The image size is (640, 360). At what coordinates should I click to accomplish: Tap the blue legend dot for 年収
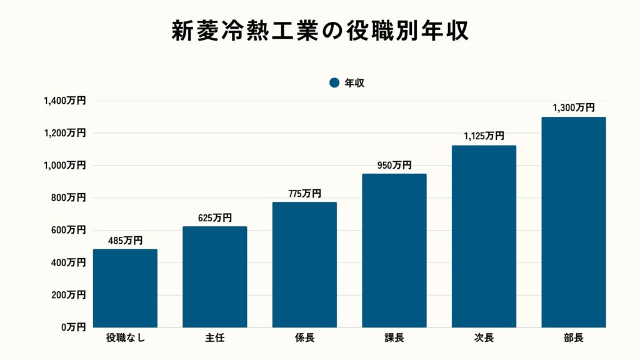point(334,82)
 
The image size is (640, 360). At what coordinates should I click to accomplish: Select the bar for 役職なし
point(125,288)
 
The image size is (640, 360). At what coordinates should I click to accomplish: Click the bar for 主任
point(214,277)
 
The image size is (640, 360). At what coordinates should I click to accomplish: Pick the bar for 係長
point(304,264)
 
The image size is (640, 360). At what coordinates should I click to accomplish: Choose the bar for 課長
point(394,251)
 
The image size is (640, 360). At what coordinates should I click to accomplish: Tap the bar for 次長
point(484,236)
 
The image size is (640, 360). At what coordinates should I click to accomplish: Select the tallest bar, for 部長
point(573,222)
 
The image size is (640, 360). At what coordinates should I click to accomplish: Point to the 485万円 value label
point(125,240)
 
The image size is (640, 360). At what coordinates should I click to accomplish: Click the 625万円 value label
point(214,217)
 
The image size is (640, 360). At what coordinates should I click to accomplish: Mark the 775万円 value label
point(304,193)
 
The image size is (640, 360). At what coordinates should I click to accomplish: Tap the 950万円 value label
point(394,165)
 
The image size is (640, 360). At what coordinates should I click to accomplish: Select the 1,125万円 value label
point(484,136)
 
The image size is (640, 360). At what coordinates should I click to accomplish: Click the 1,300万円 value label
point(573,107)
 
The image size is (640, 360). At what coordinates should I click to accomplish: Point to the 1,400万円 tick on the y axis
point(64,101)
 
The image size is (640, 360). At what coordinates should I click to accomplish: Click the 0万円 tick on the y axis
point(72,327)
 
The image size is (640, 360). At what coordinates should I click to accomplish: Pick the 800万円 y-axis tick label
point(69,197)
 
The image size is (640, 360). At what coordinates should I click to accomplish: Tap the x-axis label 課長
point(394,338)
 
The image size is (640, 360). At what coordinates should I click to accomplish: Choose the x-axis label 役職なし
point(125,338)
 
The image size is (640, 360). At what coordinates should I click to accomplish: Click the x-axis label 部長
point(573,338)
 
